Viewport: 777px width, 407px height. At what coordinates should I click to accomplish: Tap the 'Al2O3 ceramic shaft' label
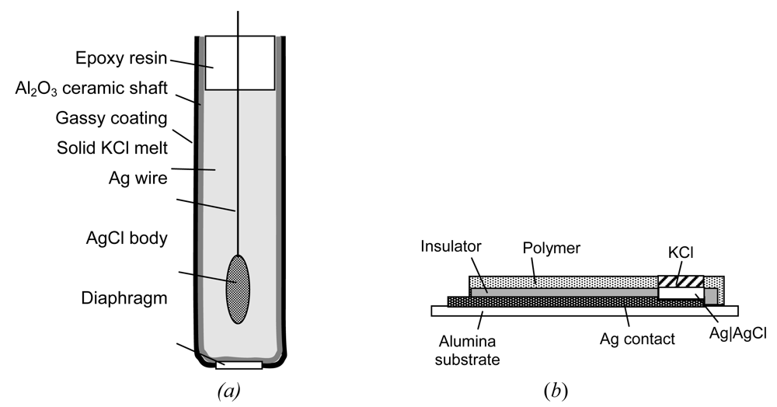point(91,88)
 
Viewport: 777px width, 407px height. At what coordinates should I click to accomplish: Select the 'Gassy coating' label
point(111,118)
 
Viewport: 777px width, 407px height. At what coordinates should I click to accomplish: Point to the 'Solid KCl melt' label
point(112,148)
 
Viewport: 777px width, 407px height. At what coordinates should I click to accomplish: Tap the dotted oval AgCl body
point(238,289)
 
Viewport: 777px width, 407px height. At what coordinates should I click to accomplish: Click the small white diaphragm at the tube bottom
point(239,364)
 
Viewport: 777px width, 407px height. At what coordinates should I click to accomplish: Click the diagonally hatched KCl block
point(681,281)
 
